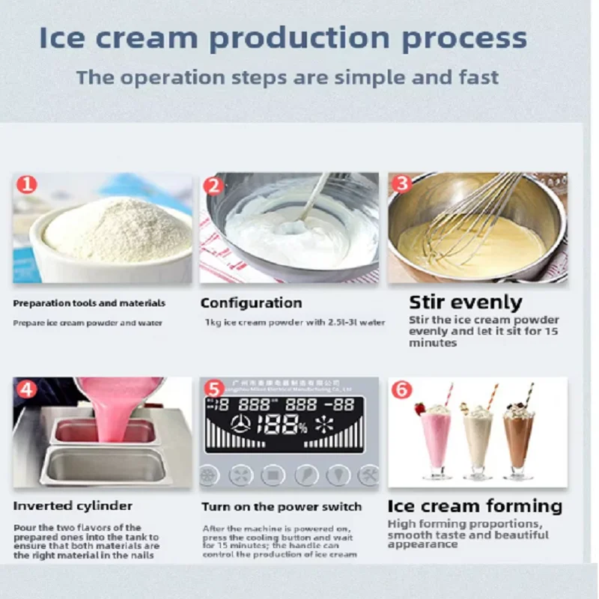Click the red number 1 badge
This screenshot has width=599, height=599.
click(27, 183)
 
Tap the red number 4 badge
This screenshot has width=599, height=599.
click(27, 389)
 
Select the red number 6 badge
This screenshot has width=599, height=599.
click(401, 389)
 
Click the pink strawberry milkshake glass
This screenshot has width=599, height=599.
click(437, 442)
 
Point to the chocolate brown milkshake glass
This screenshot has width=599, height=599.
click(518, 442)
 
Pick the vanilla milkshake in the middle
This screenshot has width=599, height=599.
click(478, 442)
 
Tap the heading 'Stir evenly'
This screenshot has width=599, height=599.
click(465, 302)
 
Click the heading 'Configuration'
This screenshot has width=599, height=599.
click(251, 302)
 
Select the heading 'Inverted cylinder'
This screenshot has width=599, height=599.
click(73, 506)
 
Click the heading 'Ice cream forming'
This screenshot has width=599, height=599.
click(475, 506)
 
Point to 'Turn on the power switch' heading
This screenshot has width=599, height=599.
click(282, 507)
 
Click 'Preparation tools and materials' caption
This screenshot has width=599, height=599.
click(89, 303)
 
